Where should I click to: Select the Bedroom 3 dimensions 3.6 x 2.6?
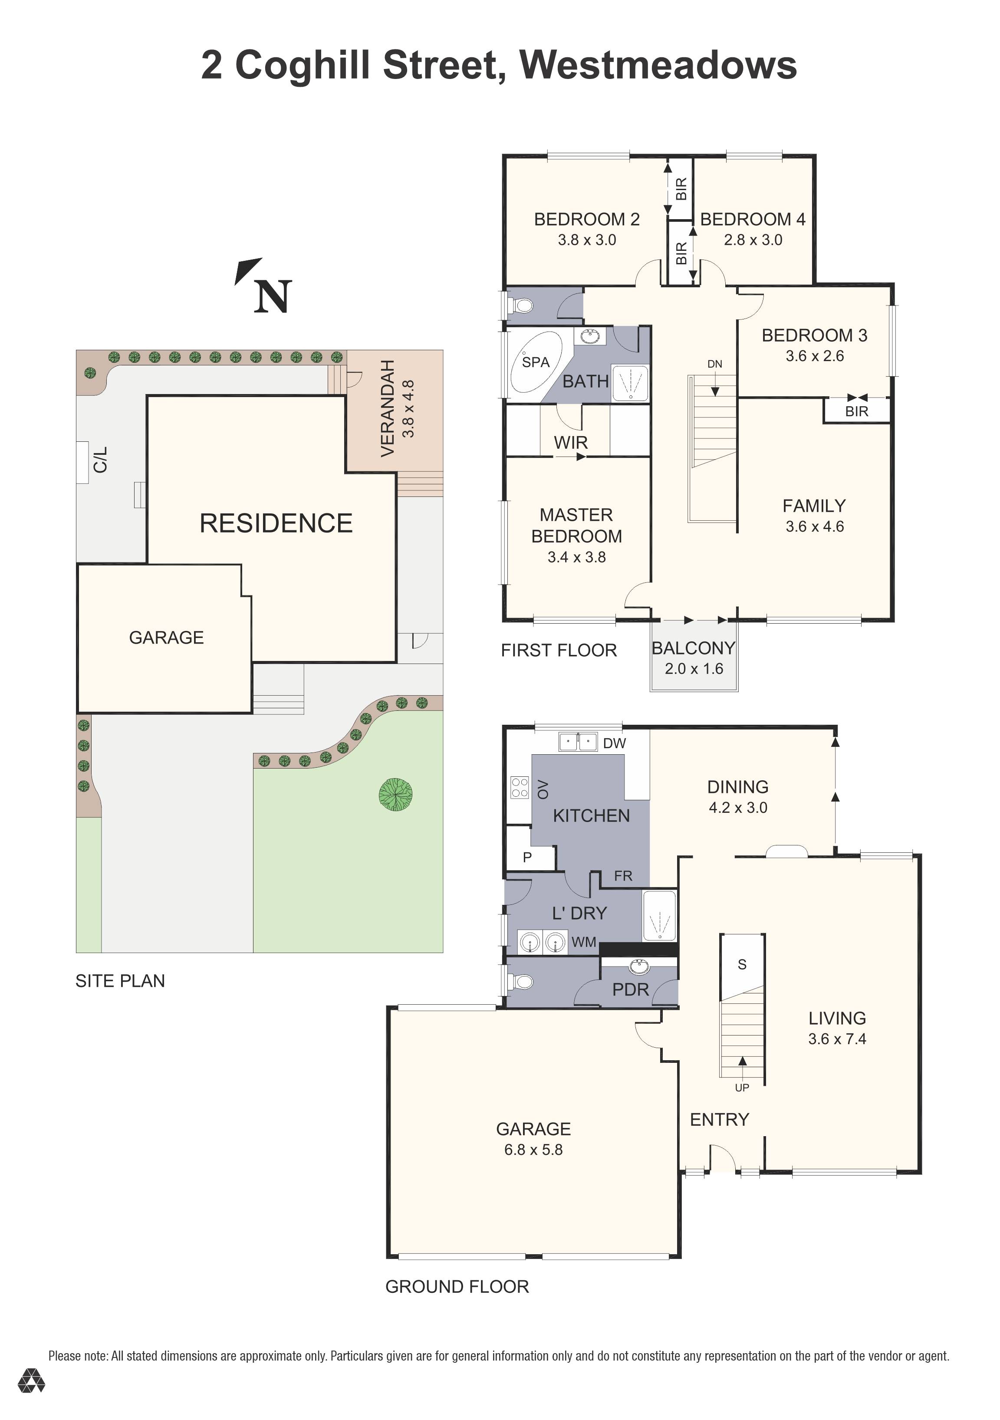pyautogui.click(x=815, y=356)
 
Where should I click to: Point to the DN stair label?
pyautogui.click(x=714, y=364)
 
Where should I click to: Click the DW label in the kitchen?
pyautogui.click(x=614, y=743)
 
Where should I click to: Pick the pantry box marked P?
pyautogui.click(x=527, y=857)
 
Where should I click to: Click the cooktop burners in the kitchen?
pyautogui.click(x=520, y=787)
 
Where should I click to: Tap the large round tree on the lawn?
pyautogui.click(x=396, y=795)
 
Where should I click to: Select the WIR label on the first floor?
pyautogui.click(x=570, y=443)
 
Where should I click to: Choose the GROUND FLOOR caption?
pyautogui.click(x=457, y=1287)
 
